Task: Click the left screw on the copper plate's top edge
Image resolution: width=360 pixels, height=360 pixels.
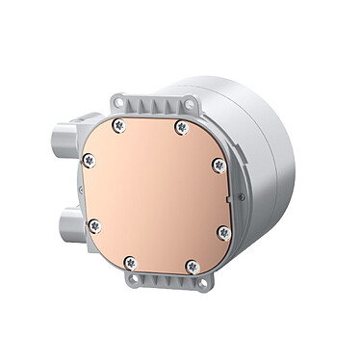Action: pos(117,125)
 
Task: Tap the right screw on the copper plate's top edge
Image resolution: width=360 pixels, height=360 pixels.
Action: pos(180,127)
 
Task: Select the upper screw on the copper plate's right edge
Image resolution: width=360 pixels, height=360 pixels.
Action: pos(219,166)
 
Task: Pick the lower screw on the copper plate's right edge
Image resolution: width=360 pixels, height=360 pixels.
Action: pos(223,232)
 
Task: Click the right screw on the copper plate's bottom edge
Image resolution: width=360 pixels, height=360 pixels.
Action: pos(193,266)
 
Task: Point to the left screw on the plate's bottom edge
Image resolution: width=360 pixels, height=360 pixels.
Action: pos(130,262)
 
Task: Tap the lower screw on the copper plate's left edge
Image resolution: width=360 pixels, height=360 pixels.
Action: pos(93,226)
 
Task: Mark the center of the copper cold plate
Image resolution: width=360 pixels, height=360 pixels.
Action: pos(157,195)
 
